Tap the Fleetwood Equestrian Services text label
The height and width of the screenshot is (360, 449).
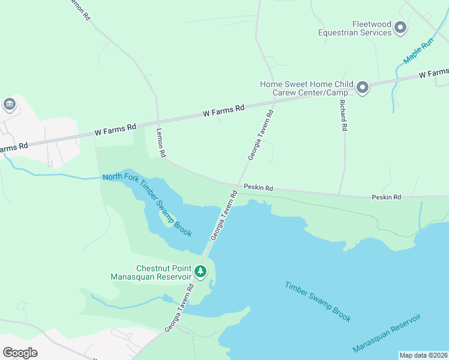(355, 28)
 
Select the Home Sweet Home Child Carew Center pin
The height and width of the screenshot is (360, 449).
(362, 89)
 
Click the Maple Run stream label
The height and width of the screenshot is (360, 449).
(418, 52)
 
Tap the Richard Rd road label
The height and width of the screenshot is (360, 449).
(343, 115)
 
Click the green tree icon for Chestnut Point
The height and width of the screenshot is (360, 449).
(200, 272)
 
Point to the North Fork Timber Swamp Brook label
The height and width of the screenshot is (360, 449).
(147, 204)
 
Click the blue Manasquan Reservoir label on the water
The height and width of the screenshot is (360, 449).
(387, 332)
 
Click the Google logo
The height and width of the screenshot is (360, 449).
(20, 352)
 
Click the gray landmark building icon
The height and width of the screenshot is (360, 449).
(10, 105)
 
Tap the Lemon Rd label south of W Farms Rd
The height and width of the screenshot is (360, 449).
(161, 143)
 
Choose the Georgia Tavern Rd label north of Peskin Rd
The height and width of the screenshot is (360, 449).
(261, 134)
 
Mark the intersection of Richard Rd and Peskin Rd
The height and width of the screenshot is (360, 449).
(340, 194)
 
